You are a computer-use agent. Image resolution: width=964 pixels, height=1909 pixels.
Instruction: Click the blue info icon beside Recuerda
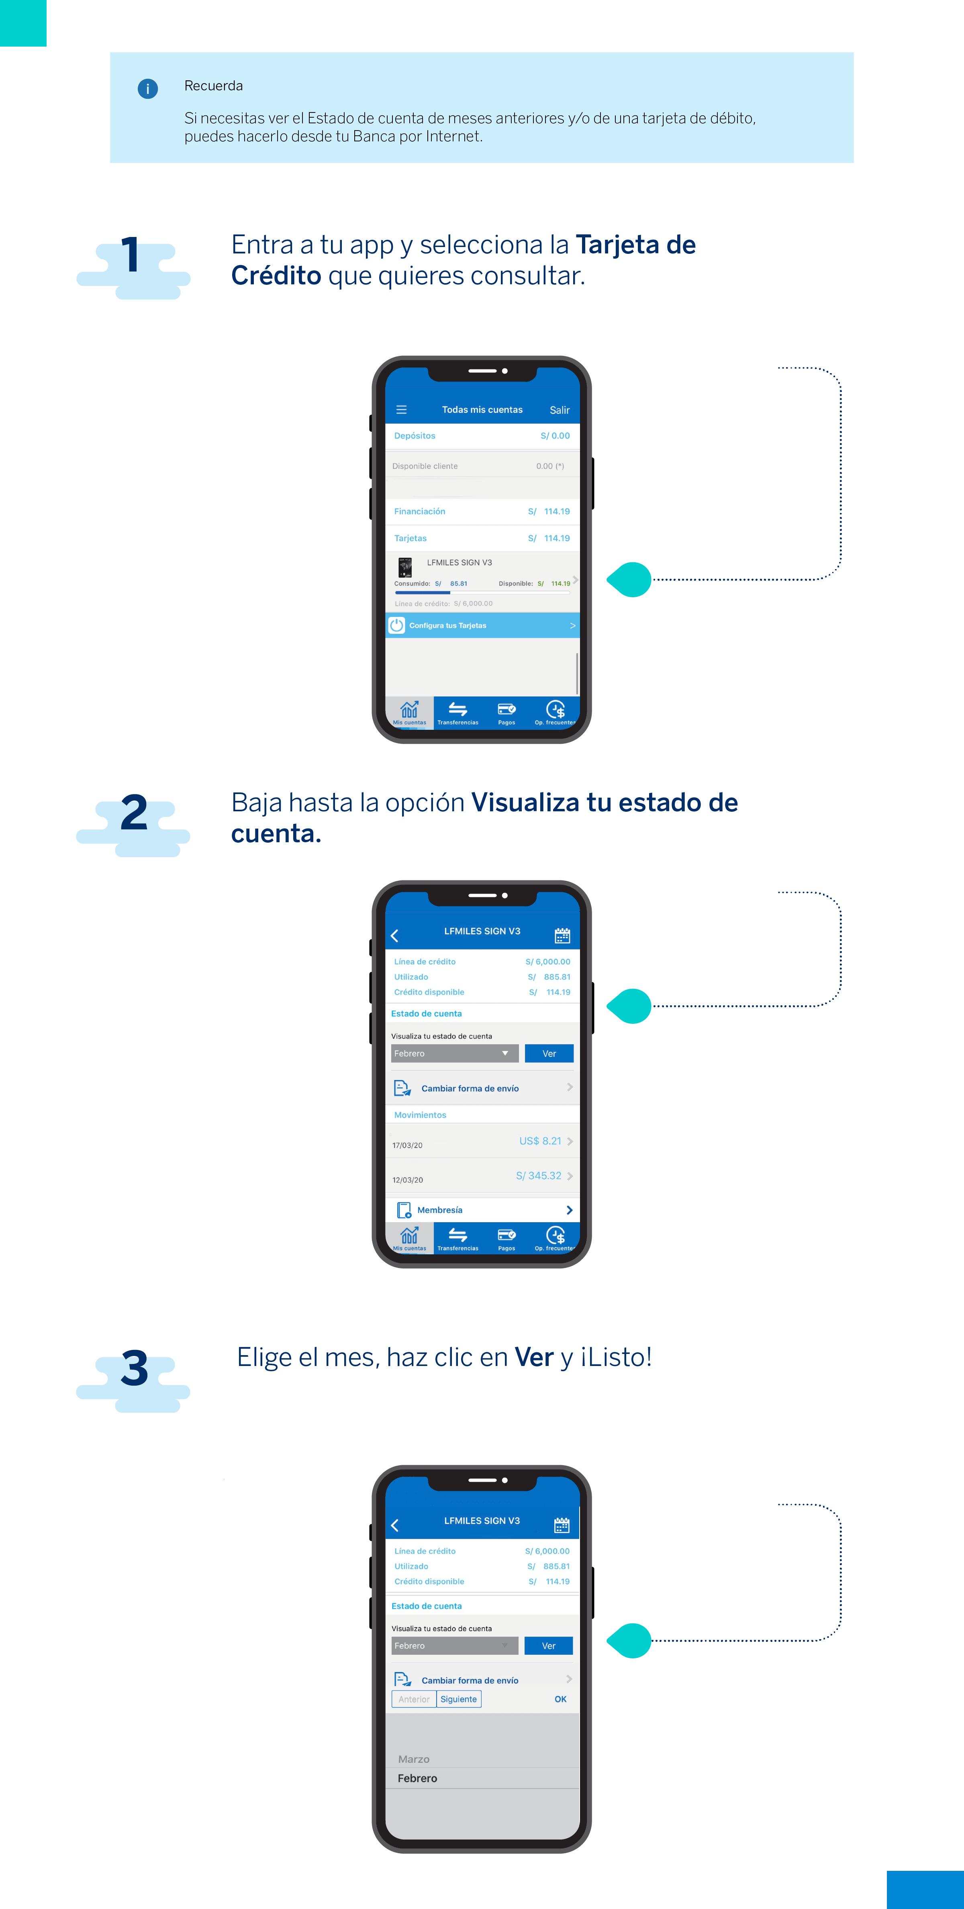coord(147,89)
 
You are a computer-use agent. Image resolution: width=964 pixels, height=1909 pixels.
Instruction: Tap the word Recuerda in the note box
coord(213,86)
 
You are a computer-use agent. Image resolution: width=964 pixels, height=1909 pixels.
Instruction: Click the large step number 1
coord(131,255)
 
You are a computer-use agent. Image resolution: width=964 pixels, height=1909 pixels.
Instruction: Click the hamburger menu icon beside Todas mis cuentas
coord(402,410)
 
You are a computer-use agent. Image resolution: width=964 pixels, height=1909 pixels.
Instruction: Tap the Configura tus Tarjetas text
coord(447,625)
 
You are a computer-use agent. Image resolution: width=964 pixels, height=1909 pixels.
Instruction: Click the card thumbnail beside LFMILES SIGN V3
coord(404,567)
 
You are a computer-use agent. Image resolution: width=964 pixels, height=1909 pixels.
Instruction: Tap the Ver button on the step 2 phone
coord(549,1053)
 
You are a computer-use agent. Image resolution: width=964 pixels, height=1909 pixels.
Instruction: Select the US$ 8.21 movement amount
coord(540,1141)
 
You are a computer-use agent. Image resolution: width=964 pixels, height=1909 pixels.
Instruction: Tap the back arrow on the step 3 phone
coord(395,1525)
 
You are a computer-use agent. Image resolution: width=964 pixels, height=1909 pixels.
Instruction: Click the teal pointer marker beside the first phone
coord(630,580)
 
